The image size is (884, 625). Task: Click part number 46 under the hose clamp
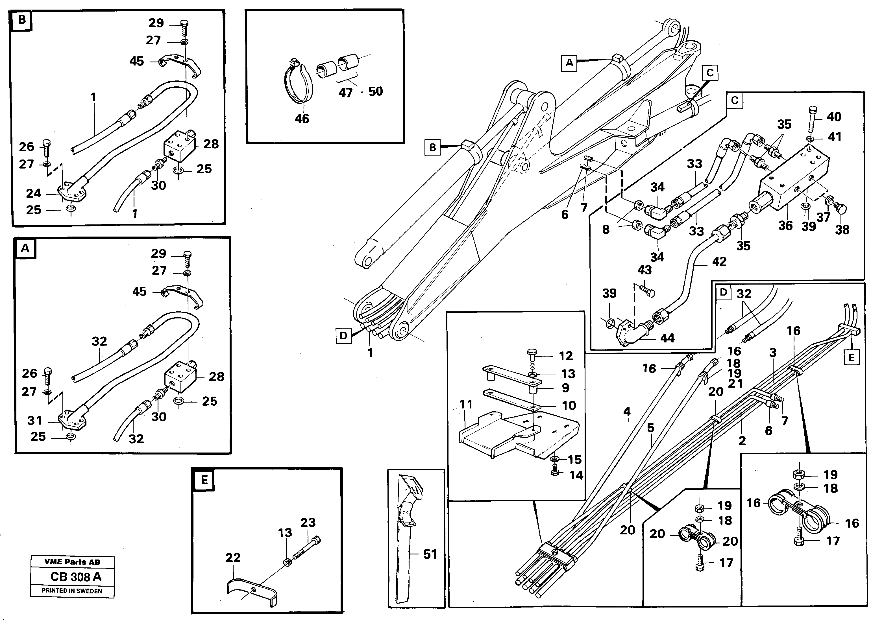(302, 119)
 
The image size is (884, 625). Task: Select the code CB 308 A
(76, 576)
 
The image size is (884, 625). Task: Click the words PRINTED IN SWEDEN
(72, 591)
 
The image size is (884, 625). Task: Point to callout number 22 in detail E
(233, 557)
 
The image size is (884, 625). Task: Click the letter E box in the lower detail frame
(204, 480)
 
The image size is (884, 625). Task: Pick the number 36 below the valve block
(785, 226)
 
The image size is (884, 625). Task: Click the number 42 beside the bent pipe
(719, 262)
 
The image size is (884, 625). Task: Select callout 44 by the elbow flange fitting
(667, 338)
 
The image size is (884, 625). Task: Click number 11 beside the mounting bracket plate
(466, 405)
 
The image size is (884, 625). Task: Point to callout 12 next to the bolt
(566, 356)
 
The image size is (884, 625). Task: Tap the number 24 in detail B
(34, 193)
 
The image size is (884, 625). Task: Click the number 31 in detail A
(35, 420)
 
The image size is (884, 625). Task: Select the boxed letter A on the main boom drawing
(569, 63)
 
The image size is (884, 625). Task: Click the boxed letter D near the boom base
(343, 336)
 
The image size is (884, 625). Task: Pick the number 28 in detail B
(211, 144)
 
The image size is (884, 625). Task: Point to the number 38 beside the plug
(842, 230)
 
